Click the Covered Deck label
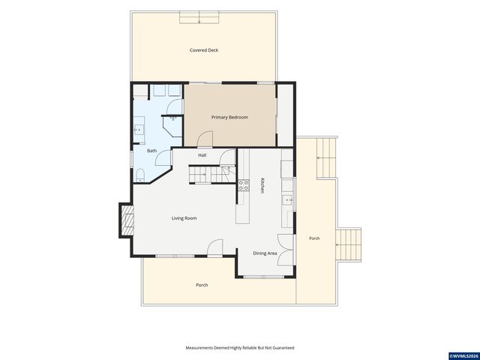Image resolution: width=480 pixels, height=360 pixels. coord(204,50)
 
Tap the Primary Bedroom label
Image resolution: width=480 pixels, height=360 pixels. coord(229,117)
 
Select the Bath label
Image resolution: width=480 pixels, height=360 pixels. coord(151,151)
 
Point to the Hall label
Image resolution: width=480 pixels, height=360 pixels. coord(202,155)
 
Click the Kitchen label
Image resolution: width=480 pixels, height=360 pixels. coord(262,185)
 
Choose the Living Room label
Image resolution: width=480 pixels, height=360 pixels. coord(184,218)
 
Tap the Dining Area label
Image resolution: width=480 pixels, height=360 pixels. coord(265,253)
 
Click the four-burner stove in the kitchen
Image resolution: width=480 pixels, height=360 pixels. coord(244,185)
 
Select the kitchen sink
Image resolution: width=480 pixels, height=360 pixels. coord(287,200)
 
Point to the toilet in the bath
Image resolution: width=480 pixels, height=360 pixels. coord(140,175)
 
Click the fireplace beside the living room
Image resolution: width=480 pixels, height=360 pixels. coord(127,220)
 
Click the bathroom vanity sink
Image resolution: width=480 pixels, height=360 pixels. coord(139,130)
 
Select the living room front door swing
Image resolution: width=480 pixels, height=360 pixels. coord(215,247)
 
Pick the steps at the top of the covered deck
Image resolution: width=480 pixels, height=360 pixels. coord(199,17)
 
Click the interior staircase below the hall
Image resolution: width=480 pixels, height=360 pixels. coord(212,174)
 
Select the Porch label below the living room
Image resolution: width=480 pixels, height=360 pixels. coord(202,285)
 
